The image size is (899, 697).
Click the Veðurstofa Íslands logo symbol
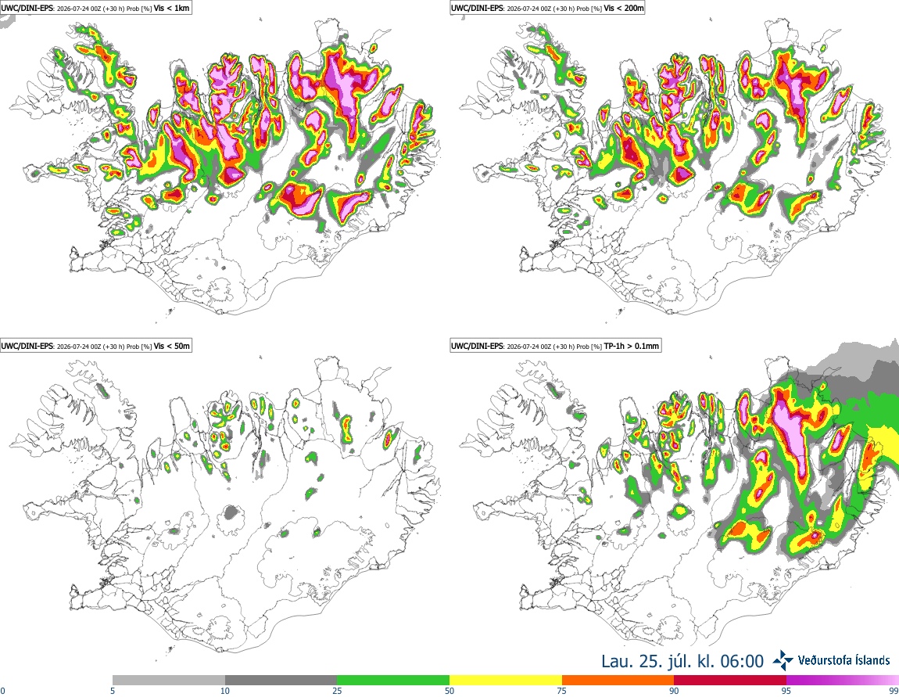point(783,661)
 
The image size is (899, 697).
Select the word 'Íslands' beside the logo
point(866,660)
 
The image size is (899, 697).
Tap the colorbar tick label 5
point(113,691)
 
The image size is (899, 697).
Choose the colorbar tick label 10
point(225,691)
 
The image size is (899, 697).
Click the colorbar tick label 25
point(337,691)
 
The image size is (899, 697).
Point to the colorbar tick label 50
point(449,691)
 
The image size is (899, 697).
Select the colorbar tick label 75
point(562,691)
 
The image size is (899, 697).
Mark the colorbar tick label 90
point(674,691)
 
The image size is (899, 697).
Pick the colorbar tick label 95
point(786,691)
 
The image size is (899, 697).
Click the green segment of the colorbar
point(393,680)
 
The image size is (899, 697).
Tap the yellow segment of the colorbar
point(506,680)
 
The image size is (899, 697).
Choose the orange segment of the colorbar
point(618,680)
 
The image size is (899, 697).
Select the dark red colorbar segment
point(730,680)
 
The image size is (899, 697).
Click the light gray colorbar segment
point(169,680)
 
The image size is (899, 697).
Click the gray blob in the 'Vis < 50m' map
point(231,512)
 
